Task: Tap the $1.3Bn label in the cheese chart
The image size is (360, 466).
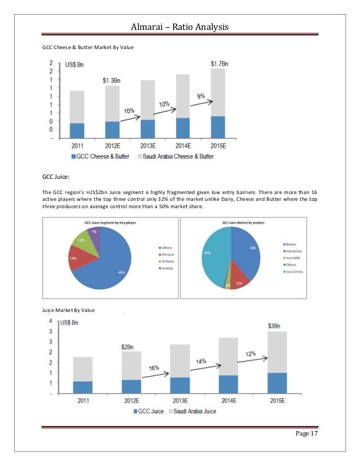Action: click(113, 81)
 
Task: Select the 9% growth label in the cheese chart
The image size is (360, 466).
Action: click(201, 96)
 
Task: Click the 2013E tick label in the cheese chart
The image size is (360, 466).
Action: click(148, 145)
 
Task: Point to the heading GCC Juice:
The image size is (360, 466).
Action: click(56, 177)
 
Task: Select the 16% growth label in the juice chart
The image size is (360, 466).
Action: click(154, 368)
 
